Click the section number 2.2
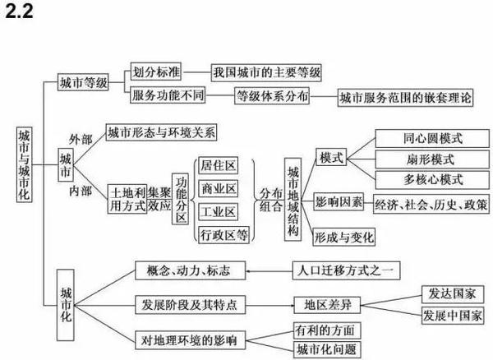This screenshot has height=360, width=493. pos(19,12)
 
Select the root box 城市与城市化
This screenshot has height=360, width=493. pos(24,164)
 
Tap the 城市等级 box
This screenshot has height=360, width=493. pos(83,82)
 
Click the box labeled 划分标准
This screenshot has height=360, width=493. pos(156,72)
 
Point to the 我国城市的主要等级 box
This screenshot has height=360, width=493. pos(266,73)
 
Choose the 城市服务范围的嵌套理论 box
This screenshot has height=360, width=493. pos(405,98)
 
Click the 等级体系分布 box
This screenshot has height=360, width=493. pos(272,95)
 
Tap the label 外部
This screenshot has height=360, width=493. pos(81,139)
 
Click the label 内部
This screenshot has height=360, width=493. pos(81,191)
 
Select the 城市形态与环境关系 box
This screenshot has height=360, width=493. pos(162,132)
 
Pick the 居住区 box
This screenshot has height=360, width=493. pos(219,165)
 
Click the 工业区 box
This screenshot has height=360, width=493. pos(219,212)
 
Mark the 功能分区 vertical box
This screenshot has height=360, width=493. pos(181,199)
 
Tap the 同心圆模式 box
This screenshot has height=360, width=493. pos(432,138)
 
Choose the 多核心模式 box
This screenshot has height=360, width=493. pos(432,180)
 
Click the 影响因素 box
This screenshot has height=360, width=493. pos(339,202)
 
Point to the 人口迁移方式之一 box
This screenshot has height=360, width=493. pos(346,270)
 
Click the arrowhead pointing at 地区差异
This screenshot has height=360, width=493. pos(292,305)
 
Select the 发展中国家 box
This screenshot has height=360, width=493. pos(453,316)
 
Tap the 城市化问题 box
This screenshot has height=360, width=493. pos(327,349)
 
